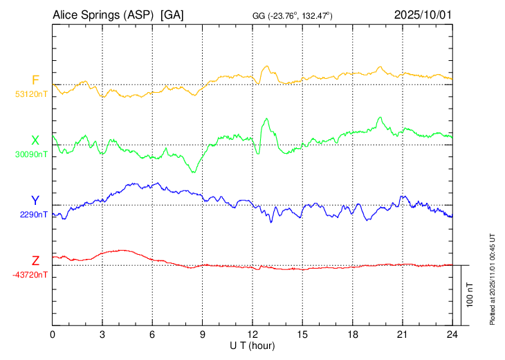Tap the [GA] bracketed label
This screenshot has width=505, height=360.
point(172,15)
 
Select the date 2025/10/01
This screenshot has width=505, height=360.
point(423,15)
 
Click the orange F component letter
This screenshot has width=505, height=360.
point(35,80)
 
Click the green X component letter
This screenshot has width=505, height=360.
point(35,141)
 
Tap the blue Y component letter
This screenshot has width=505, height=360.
point(35,200)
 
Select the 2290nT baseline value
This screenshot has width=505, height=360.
point(34,215)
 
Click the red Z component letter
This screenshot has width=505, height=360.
point(35,260)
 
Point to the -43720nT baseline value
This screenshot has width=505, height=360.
point(30,275)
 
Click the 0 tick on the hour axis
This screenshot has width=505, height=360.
point(53,335)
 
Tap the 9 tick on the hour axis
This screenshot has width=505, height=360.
point(203,335)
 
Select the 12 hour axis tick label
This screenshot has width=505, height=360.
point(252,335)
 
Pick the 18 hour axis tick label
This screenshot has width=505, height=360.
point(352,335)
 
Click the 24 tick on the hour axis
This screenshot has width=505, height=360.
point(452,335)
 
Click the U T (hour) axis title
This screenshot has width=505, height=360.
point(252,345)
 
